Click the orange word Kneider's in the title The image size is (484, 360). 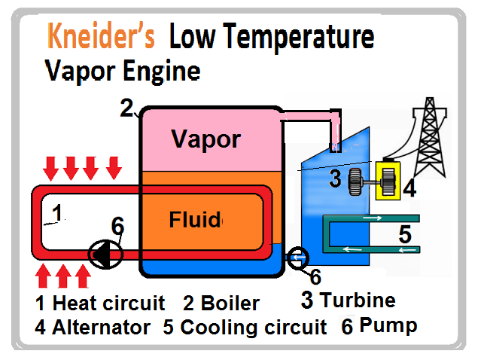pyautogui.click(x=102, y=36)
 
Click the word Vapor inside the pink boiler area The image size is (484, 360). pyautogui.click(x=205, y=139)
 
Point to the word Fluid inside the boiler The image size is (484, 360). pyautogui.click(x=195, y=220)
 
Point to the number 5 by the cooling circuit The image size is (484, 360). pyautogui.click(x=406, y=234)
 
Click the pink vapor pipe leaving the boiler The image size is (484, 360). pyautogui.click(x=309, y=119)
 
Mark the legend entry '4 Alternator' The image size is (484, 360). pyautogui.click(x=93, y=328)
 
